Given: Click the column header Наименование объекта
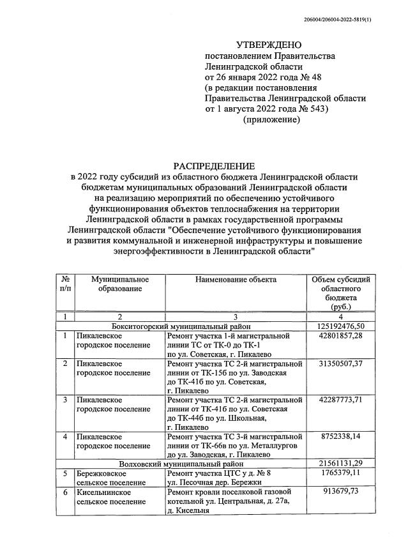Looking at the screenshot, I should tap(236, 280).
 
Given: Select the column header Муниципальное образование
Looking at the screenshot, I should tap(120, 284).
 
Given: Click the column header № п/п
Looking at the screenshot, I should tap(64, 284).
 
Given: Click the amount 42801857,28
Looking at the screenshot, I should tap(342, 336).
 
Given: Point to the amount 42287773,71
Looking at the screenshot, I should tap(342, 400).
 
